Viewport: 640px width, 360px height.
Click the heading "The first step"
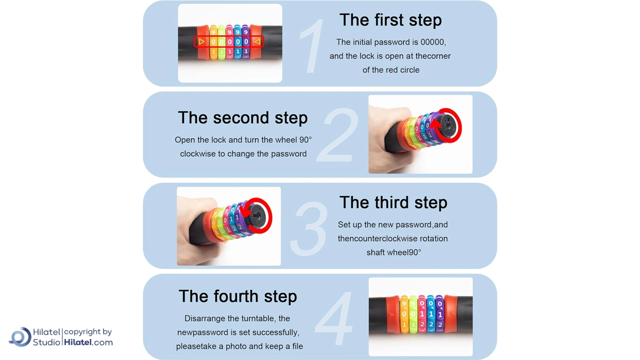[390, 20]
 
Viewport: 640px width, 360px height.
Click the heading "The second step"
[242, 117]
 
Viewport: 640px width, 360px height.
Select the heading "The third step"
[393, 202]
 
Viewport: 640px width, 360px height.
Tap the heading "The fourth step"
[237, 296]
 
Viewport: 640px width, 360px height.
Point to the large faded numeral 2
[337, 135]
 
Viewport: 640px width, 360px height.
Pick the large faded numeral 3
[309, 227]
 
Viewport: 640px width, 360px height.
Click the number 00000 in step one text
[432, 42]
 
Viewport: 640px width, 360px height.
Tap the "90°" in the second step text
[305, 139]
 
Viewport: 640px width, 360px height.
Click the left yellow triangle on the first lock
[201, 41]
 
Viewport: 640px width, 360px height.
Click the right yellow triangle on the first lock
[257, 41]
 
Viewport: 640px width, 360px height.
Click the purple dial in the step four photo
[440, 314]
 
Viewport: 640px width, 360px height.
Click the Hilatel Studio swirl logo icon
[20, 337]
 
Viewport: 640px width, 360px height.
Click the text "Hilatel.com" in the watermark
[88, 342]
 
